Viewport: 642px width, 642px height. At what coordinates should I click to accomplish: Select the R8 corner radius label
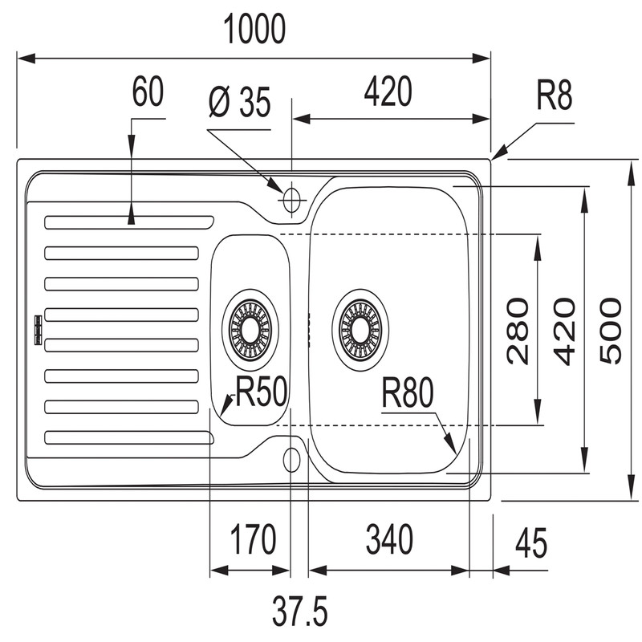tap(554, 98)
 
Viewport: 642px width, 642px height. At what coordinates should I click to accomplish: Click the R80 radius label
tap(407, 394)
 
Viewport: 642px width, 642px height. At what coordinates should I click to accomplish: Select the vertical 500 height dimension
tap(612, 330)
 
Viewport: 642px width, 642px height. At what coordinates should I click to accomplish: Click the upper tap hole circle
tap(291, 197)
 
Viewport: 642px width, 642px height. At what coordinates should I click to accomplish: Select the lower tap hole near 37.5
tap(291, 460)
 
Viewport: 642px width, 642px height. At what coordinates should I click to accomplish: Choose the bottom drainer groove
tap(128, 437)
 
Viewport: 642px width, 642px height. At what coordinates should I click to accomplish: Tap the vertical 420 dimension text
tap(565, 330)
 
